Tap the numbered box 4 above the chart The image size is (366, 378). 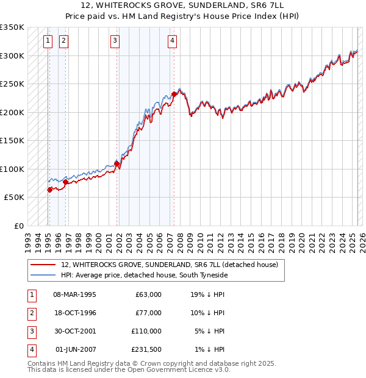pos(173,41)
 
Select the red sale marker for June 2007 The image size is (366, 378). pos(174,94)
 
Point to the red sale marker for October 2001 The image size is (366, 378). pos(117,163)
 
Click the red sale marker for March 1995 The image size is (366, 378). pos(49,190)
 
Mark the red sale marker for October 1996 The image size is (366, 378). pos(65,182)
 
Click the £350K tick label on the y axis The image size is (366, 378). pos(12,27)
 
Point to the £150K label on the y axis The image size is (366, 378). pos(12,140)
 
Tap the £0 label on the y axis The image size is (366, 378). pos(18,226)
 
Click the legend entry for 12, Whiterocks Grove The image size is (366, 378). pos(169,265)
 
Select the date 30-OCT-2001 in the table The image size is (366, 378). pos(75,331)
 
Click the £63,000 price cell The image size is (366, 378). pos(148,294)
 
